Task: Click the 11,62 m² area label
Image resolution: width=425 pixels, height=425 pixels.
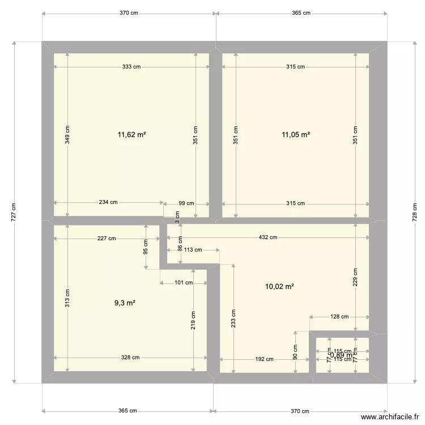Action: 131,135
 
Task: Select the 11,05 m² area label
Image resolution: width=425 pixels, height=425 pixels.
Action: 296,135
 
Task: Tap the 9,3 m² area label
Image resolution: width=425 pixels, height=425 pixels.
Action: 125,303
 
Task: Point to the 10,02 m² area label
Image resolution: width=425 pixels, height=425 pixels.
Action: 279,287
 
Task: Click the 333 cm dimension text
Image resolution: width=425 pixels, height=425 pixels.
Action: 131,67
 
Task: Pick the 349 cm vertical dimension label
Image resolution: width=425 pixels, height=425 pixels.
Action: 67,135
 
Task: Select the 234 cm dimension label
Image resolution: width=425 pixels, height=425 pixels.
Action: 108,202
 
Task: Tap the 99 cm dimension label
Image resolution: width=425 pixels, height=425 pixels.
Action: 186,203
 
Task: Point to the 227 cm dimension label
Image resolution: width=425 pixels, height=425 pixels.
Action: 106,239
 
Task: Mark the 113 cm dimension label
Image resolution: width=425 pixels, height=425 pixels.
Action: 193,249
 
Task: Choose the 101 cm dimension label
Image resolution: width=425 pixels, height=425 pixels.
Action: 184,283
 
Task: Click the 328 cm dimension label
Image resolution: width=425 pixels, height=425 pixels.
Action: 130,358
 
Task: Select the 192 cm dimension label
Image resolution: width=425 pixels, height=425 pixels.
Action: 264,359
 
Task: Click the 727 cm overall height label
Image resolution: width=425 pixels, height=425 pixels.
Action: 14,212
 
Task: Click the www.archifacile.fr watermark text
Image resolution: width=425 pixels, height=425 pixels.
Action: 390,417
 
